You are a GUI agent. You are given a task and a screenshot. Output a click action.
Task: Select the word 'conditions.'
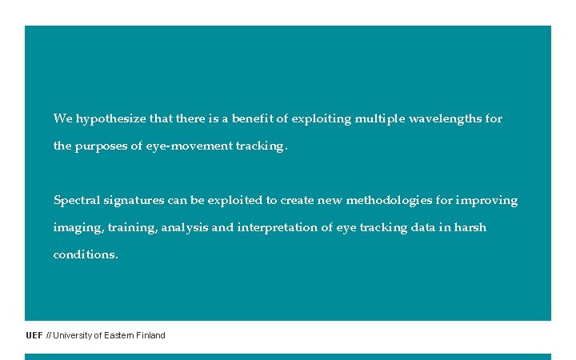pos(86,255)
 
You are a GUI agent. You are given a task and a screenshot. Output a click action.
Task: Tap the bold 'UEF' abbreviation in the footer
pos(34,335)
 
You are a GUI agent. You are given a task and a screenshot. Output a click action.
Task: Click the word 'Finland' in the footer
pos(150,335)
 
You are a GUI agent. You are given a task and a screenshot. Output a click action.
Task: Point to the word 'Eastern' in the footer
pos(118,335)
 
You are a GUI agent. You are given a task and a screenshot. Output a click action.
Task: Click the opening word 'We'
pos(62,119)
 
